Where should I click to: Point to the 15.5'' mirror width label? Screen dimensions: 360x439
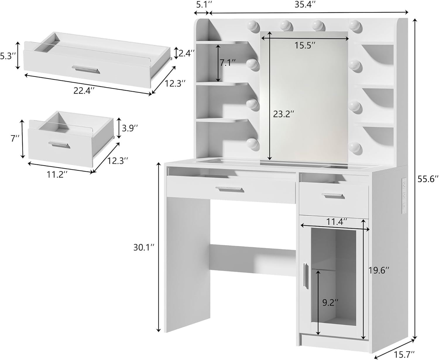point(305,45)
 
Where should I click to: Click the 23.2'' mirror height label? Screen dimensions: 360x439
point(283,114)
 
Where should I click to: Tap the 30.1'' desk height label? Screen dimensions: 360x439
point(143,248)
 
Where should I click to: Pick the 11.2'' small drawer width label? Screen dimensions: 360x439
point(57,175)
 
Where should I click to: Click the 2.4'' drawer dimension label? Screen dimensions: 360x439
point(187,53)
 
